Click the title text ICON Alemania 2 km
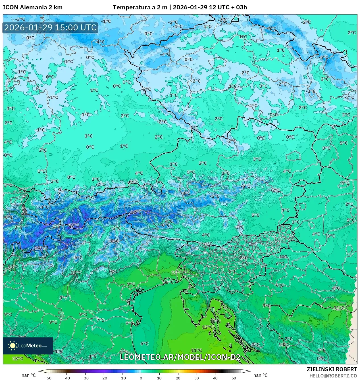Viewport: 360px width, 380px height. [x=33, y=7]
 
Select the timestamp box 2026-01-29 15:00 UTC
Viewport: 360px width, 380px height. [x=50, y=28]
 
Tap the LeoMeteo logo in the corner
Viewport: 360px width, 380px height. [x=28, y=346]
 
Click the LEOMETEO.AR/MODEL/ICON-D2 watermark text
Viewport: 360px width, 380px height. [x=180, y=357]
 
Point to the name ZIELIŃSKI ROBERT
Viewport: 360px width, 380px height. [x=332, y=369]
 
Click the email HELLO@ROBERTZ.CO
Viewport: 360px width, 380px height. [x=333, y=375]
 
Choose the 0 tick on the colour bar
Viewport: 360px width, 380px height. [x=141, y=378]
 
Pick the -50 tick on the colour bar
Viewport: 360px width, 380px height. [x=48, y=378]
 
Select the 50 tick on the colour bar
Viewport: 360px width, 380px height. [x=234, y=378]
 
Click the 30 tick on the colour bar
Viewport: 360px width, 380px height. [x=197, y=378]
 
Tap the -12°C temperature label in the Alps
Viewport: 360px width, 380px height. [x=136, y=212]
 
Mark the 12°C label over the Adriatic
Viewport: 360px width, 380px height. [x=207, y=327]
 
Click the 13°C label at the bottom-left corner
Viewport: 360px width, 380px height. [x=18, y=358]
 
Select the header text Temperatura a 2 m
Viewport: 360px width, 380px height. [x=140, y=7]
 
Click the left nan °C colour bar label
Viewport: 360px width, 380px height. [x=29, y=375]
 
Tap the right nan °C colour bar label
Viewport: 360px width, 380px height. [x=260, y=375]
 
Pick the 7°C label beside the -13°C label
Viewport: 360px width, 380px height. [x=42, y=258]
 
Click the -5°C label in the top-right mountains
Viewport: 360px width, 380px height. [x=324, y=57]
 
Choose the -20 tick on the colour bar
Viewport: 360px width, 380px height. [x=104, y=378]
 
